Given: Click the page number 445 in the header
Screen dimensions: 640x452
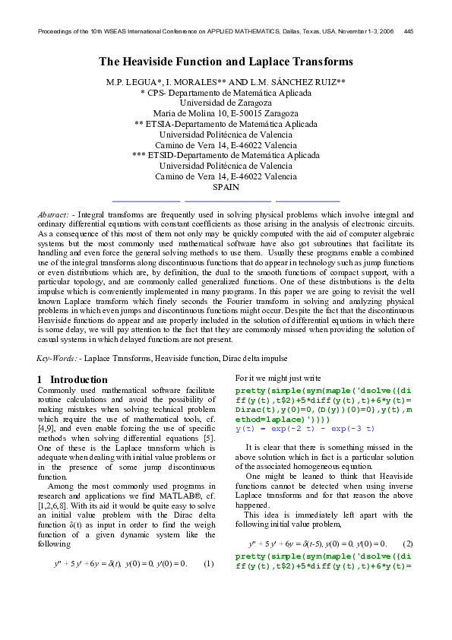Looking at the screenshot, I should pyautogui.click(x=409, y=31).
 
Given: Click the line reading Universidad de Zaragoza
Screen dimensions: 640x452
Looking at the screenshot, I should pyautogui.click(x=226, y=102).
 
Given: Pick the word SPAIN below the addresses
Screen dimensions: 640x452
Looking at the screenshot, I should pyautogui.click(x=226, y=187).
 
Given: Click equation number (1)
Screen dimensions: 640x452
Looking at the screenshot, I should pyautogui.click(x=207, y=563).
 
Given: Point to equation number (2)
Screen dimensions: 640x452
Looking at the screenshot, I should pyautogui.click(x=408, y=543).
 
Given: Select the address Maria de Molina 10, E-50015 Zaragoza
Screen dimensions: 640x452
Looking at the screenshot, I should pyautogui.click(x=226, y=112).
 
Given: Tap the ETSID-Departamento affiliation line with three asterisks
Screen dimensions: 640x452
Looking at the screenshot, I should pyautogui.click(x=226, y=155).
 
